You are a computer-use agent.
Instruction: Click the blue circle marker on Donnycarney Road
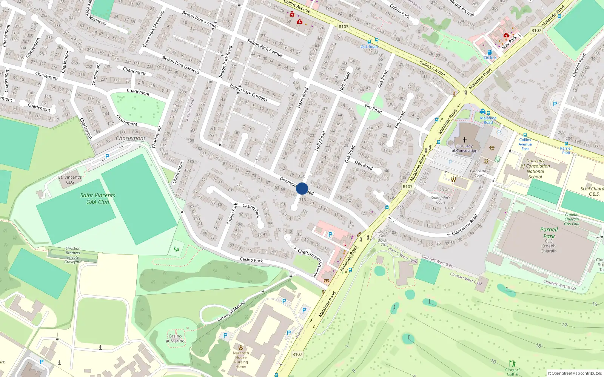(x=302, y=188)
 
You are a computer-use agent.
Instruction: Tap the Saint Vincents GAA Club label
(x=97, y=199)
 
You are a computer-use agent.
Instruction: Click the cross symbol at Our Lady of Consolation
(x=465, y=139)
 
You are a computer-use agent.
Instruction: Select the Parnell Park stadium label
(x=549, y=233)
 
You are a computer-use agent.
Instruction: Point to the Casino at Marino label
(x=175, y=338)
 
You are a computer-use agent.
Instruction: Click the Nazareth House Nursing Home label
(x=241, y=360)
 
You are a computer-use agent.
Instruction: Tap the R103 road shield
(x=344, y=27)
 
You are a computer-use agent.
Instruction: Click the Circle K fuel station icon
(x=490, y=52)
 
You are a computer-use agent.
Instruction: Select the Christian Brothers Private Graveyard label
(x=73, y=255)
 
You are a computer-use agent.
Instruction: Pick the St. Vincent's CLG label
(x=70, y=179)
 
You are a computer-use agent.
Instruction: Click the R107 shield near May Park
(x=536, y=31)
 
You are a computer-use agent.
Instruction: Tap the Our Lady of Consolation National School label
(x=535, y=169)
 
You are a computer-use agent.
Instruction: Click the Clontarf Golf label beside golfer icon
(x=512, y=372)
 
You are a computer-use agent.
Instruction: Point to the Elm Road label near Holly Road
(x=373, y=109)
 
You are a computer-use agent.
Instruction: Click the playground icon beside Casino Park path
(x=176, y=249)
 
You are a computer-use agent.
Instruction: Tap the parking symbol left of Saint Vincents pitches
(x=107, y=156)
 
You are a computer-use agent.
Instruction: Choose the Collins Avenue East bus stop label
(x=525, y=144)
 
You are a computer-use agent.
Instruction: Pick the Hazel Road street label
(x=302, y=98)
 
